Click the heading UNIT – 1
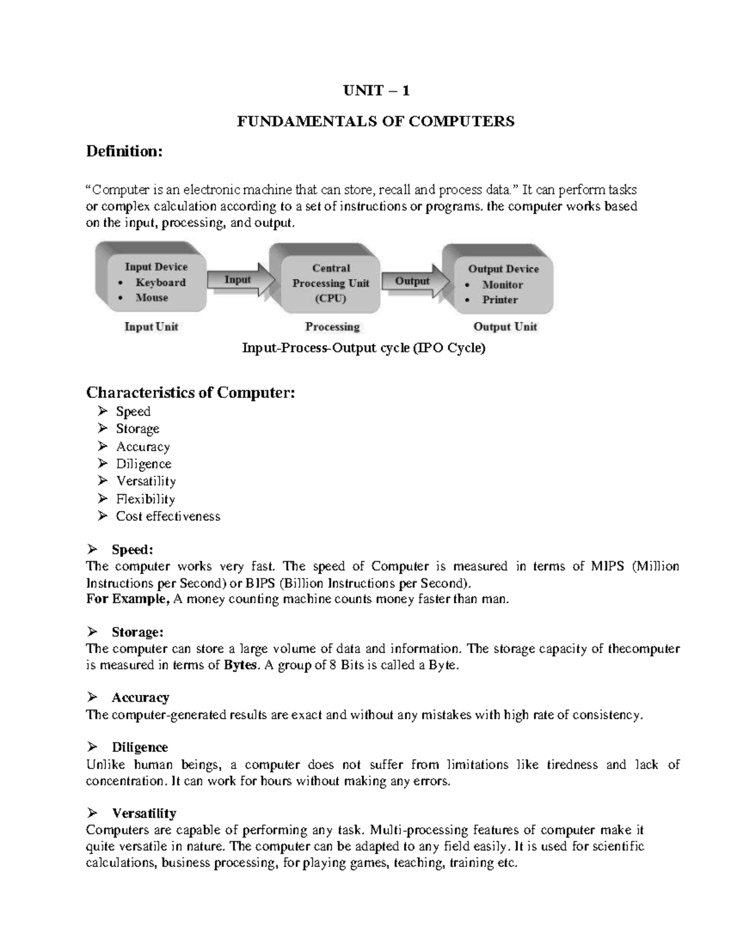point(375,91)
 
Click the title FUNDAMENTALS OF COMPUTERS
point(375,121)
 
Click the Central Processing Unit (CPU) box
point(331,283)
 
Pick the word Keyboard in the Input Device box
point(160,282)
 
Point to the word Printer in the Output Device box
point(500,299)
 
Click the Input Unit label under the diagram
point(151,327)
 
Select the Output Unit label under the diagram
point(505,327)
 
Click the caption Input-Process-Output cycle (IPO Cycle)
point(364,349)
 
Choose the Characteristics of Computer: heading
point(191,392)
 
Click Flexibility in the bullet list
point(146,499)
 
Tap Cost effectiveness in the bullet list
point(168,516)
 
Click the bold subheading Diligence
point(139,747)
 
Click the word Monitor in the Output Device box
point(503,284)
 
